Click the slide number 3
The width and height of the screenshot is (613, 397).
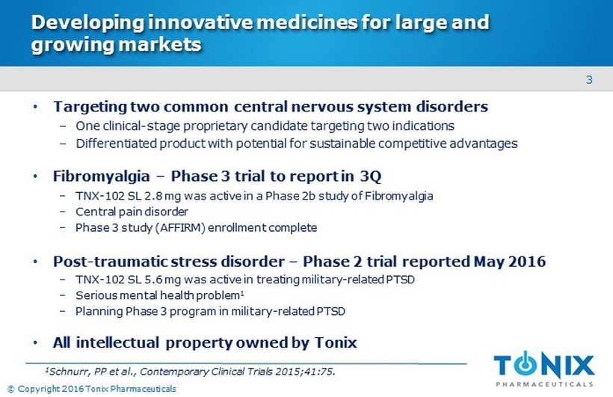pos(589,80)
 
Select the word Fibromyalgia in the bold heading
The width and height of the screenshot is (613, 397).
pos(101,176)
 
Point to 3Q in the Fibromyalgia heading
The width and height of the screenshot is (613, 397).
pos(370,176)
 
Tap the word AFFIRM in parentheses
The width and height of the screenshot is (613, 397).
pos(179,227)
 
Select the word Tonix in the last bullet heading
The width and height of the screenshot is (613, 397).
pos(336,342)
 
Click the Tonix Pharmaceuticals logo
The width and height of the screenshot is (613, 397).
pos(544,369)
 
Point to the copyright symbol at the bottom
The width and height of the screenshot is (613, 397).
pos(11,390)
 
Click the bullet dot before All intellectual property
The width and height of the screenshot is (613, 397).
pos(36,343)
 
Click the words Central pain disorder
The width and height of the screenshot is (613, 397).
pos(132,212)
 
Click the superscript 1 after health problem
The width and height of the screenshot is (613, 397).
pos(242,292)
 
